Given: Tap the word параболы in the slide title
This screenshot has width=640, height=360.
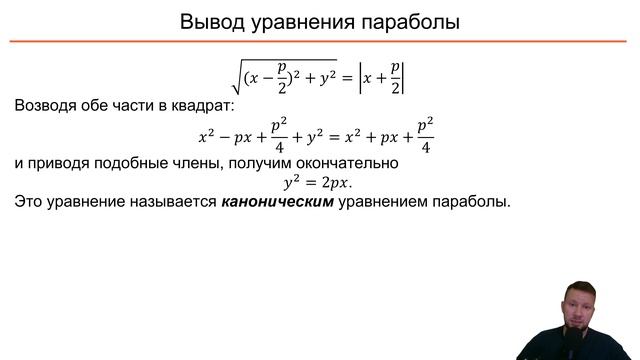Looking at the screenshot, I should [x=411, y=22].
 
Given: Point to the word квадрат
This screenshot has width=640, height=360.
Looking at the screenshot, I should [x=196, y=105].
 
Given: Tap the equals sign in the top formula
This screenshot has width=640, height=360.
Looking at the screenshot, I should [x=348, y=75].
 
